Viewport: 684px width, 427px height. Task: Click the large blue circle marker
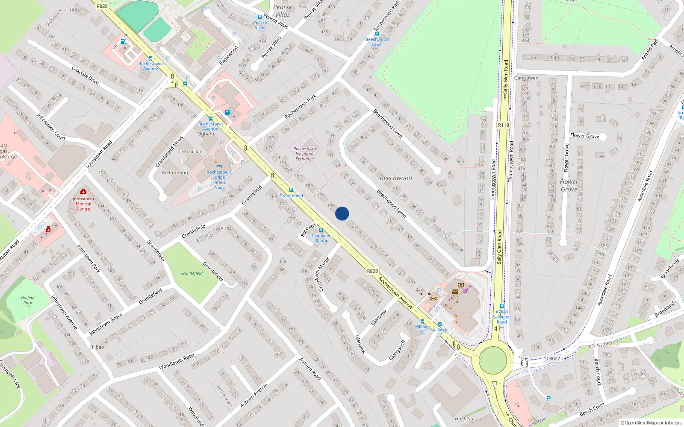click(342, 213)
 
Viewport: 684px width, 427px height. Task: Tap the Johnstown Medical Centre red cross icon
click(83, 192)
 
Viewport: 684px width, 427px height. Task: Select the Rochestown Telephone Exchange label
click(305, 154)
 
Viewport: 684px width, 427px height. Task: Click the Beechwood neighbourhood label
click(396, 178)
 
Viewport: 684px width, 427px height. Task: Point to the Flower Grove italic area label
click(569, 185)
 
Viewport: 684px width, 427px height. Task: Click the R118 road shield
click(504, 125)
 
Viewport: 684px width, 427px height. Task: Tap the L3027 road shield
click(553, 359)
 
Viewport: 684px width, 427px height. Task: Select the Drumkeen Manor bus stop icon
click(321, 230)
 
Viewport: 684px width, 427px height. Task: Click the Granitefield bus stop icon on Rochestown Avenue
click(291, 190)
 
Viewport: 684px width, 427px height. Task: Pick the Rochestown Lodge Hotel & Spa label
click(218, 180)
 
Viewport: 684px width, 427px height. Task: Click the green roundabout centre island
click(492, 360)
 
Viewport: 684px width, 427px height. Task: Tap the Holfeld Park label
click(28, 300)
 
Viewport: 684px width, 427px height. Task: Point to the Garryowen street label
click(526, 78)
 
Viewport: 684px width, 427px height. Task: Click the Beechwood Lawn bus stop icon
click(377, 34)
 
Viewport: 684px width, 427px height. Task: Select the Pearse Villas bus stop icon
click(259, 18)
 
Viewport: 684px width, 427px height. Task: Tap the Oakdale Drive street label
click(85, 75)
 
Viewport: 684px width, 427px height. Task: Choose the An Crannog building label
click(175, 173)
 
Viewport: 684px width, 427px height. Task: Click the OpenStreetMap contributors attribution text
click(651, 423)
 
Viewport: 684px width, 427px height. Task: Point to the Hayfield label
click(464, 419)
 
